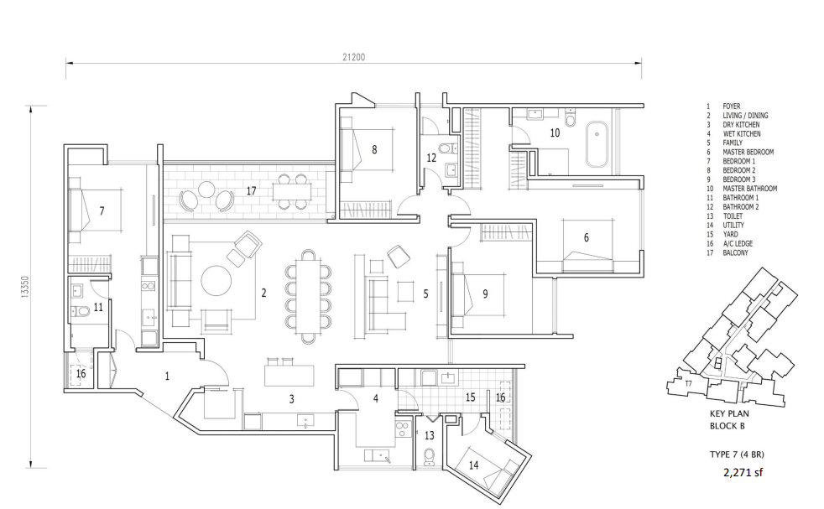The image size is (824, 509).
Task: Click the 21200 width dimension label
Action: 353,57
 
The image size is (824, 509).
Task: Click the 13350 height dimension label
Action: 25,288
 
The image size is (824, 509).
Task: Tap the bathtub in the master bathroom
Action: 597,143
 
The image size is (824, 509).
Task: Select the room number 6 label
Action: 587,237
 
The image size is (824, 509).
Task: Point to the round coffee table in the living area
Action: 216,281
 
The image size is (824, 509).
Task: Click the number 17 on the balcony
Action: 251,190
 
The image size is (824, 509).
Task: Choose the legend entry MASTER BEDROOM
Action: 748,152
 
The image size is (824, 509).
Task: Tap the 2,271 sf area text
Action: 743,472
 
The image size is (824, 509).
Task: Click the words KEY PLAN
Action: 729,413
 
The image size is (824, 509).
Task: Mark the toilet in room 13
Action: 430,457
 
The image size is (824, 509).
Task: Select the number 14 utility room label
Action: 473,465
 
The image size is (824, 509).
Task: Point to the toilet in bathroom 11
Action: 81,311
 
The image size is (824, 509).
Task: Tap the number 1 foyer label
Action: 167,377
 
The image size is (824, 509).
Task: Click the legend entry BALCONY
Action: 735,252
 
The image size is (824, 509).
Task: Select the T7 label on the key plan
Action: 688,384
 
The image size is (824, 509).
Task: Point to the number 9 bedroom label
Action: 485,294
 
